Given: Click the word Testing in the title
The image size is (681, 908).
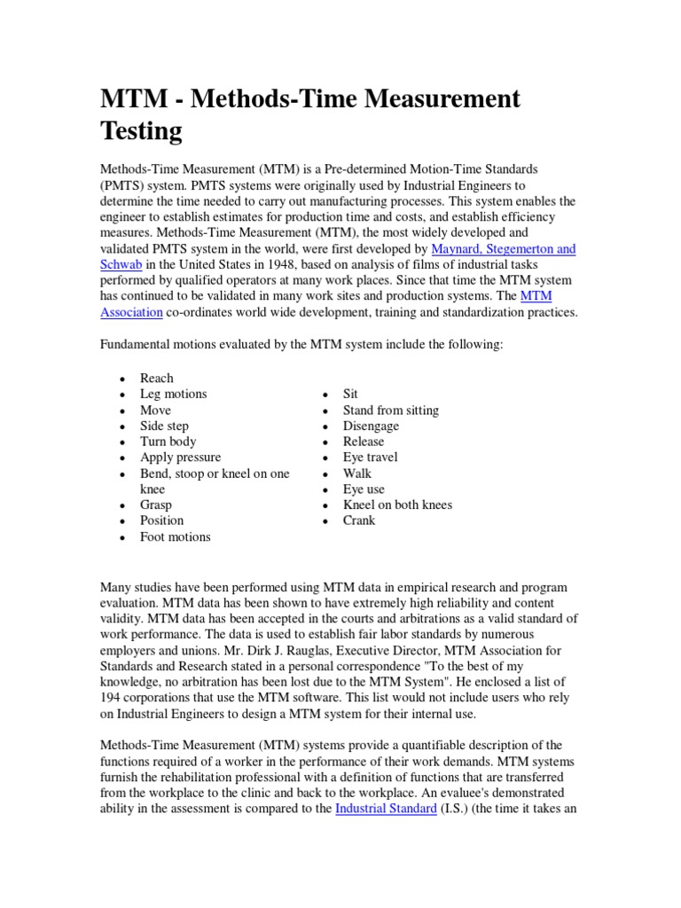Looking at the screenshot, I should pyautogui.click(x=141, y=131).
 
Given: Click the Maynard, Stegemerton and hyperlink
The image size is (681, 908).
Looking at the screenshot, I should pyautogui.click(x=503, y=249).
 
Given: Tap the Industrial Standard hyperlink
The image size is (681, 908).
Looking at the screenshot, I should pyautogui.click(x=386, y=809).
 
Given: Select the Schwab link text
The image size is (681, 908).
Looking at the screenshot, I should pyautogui.click(x=121, y=265).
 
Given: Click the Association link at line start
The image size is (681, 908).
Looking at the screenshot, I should pyautogui.click(x=131, y=312).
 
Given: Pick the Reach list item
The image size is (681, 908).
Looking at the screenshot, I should pyautogui.click(x=157, y=378).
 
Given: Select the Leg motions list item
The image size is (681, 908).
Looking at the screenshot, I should pyautogui.click(x=173, y=394).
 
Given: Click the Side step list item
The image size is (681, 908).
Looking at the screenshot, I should pyautogui.click(x=164, y=426).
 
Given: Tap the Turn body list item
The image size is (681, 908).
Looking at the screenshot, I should pyautogui.click(x=168, y=442).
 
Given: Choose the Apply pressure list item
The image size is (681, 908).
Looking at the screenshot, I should pyautogui.click(x=181, y=458).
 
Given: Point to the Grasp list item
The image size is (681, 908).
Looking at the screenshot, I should pyautogui.click(x=156, y=505).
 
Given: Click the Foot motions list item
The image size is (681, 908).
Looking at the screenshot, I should pyautogui.click(x=176, y=536).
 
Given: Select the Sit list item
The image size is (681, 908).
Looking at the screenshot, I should pyautogui.click(x=350, y=394).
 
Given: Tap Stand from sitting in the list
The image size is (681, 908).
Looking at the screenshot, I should pyautogui.click(x=390, y=410).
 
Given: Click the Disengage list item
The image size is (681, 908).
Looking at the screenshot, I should pyautogui.click(x=371, y=426).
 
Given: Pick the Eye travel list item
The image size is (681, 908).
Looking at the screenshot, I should pyautogui.click(x=370, y=458).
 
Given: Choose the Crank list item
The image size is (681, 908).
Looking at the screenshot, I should pyautogui.click(x=359, y=521).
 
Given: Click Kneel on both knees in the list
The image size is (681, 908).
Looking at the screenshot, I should pyautogui.click(x=397, y=505).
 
